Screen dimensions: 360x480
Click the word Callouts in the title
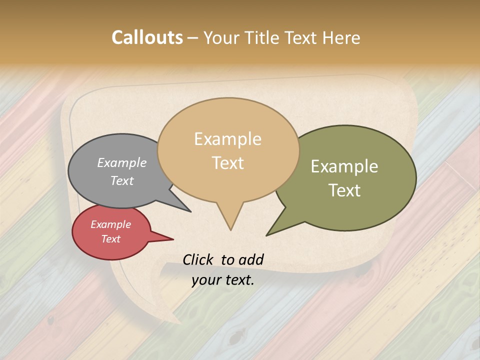pos(147,37)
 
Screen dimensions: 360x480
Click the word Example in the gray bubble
pos(122,162)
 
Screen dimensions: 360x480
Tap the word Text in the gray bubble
pos(122,180)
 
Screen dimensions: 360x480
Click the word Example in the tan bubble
pos(227,139)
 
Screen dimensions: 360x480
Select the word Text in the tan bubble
pos(227,162)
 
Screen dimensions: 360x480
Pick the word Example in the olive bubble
pos(344,166)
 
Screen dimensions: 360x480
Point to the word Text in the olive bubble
pos(344,190)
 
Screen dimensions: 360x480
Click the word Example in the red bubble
pos(110,224)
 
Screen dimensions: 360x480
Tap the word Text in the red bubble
pos(110,239)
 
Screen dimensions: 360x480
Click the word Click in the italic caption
pos(198,259)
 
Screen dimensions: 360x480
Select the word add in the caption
pos(251,259)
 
